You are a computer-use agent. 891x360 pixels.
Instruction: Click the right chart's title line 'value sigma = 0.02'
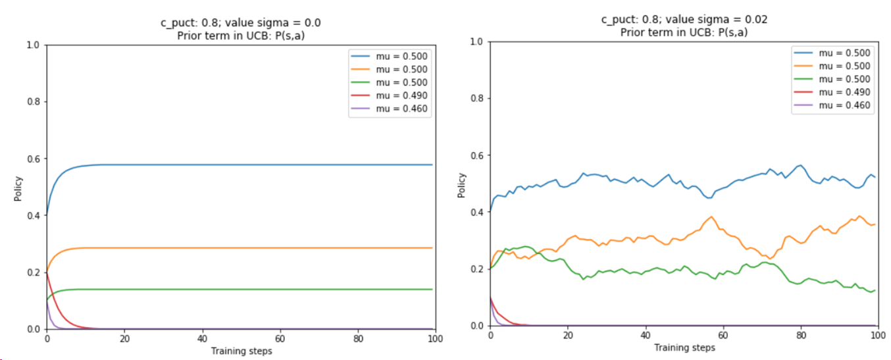click(x=684, y=20)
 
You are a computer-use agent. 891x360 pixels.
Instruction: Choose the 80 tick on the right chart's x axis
click(x=801, y=335)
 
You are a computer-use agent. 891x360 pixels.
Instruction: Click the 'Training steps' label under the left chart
click(x=241, y=351)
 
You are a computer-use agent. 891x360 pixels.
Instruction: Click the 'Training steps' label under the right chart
click(x=684, y=347)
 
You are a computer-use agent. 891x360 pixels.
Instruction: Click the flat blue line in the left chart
click(x=263, y=165)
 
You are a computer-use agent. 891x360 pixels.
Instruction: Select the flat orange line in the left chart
click(x=263, y=248)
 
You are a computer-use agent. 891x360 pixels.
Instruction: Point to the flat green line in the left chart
click(x=263, y=289)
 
